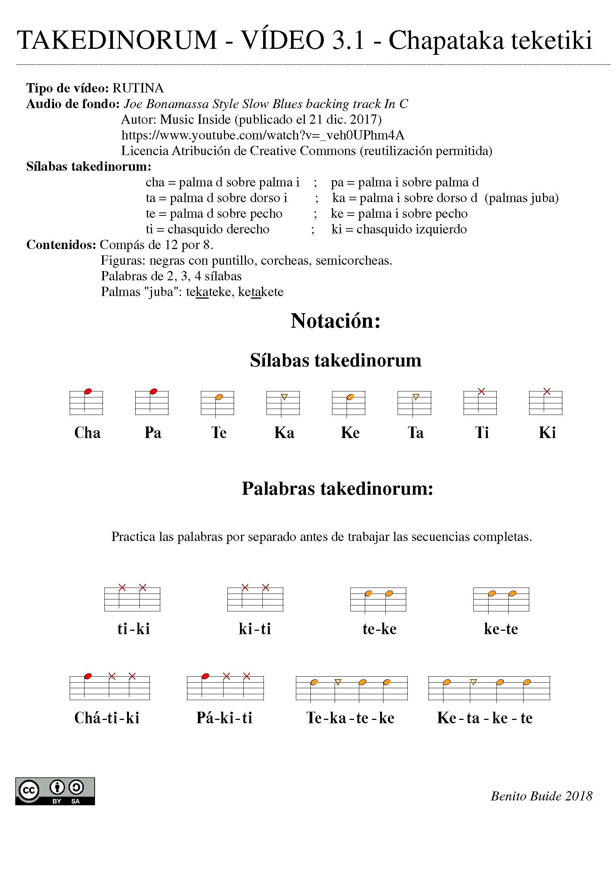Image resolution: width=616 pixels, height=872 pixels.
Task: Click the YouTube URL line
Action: pos(263,135)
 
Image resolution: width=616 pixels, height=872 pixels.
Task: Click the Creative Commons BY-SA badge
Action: pos(55,791)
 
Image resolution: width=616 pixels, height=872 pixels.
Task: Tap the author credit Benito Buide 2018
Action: pos(541,796)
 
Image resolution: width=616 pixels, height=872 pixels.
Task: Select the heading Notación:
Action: pos(335,321)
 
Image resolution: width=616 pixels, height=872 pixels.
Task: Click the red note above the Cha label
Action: pos(88,391)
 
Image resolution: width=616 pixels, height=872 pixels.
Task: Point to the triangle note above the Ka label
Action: pos(284,397)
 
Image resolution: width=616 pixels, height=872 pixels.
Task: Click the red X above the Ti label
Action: pos(481,391)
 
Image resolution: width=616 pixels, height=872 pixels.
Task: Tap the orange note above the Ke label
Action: pos(350,397)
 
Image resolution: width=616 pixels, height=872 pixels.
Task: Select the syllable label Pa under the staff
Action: pos(153,433)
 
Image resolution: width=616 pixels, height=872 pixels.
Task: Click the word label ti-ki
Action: pos(134,629)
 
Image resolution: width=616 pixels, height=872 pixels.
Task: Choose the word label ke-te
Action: pos(501,629)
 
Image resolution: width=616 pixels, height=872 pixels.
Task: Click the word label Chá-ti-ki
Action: pos(107,718)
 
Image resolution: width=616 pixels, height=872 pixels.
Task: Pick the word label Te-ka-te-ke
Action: pos(350,718)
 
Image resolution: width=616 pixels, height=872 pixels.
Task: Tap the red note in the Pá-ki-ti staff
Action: pos(205,676)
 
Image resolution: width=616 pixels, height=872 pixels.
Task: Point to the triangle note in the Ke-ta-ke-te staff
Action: pos(473,682)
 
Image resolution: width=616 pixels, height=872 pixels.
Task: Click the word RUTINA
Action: pos(138,88)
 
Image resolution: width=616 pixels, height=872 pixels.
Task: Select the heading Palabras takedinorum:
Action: pos(337,489)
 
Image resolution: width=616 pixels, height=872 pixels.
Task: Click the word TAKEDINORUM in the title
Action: pos(117,40)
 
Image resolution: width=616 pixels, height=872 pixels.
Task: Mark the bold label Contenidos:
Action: pos(61,245)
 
